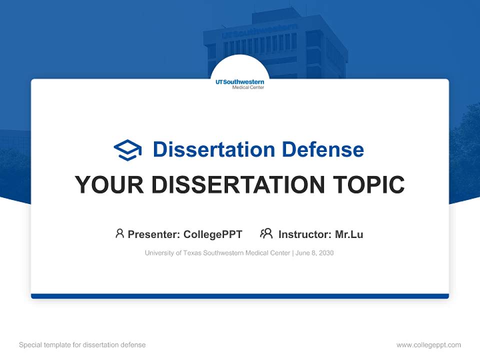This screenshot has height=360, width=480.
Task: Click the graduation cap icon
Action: pyautogui.click(x=127, y=149)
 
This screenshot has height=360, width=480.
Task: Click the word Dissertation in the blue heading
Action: pyautogui.click(x=213, y=149)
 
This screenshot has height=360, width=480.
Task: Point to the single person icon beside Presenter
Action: pyautogui.click(x=119, y=233)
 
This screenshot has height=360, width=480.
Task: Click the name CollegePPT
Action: pyautogui.click(x=212, y=234)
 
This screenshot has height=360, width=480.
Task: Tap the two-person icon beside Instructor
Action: pyautogui.click(x=266, y=233)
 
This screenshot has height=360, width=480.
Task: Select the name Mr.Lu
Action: pyautogui.click(x=349, y=234)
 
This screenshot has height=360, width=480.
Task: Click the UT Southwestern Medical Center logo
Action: pyautogui.click(x=240, y=83)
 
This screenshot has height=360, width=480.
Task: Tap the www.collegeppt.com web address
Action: pyautogui.click(x=428, y=345)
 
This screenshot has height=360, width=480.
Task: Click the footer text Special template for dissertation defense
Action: pyautogui.click(x=82, y=345)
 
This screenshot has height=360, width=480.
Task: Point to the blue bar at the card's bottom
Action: pyautogui.click(x=240, y=296)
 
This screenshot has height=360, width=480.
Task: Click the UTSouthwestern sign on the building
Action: pyautogui.click(x=259, y=31)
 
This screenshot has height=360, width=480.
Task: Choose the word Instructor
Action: pyautogui.click(x=304, y=234)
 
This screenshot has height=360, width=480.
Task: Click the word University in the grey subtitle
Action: pyautogui.click(x=158, y=253)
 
